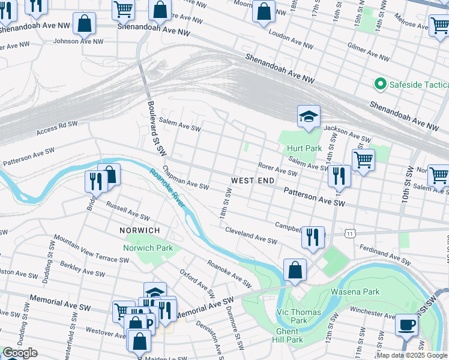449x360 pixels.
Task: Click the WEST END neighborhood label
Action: tap(253, 180)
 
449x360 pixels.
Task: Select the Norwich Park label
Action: tap(148, 248)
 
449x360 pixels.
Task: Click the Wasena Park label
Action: tap(354, 292)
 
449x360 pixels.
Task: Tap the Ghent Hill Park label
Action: tap(289, 335)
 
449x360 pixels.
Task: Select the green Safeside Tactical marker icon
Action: tap(379, 85)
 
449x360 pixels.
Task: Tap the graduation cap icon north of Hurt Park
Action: tap(309, 116)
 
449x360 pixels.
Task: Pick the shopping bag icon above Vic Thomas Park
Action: tap(295, 269)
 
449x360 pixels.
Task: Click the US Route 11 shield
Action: tap(350, 232)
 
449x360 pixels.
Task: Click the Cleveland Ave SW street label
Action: tap(251, 235)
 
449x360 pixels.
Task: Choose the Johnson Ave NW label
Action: tap(78, 41)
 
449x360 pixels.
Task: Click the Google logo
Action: tap(20, 353)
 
